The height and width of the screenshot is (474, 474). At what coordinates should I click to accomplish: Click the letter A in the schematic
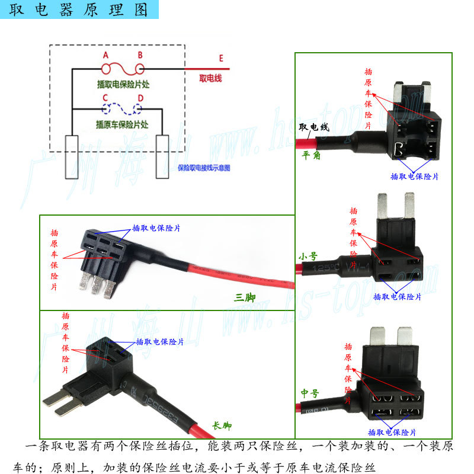[x=106, y=55]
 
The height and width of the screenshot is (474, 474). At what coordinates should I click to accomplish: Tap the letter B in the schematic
[x=140, y=55]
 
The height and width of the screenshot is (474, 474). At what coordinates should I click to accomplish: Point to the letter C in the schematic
[x=105, y=98]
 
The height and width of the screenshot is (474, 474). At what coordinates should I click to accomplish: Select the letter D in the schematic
[x=140, y=98]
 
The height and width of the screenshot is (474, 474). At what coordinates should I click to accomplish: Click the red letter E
[x=221, y=58]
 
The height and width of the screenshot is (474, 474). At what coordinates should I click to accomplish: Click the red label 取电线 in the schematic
[x=210, y=78]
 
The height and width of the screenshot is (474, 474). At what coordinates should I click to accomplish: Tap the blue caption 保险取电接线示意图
[x=204, y=168]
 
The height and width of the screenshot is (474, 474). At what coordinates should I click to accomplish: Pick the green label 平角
[x=311, y=156]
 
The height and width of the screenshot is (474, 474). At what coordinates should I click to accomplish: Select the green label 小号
[x=308, y=257]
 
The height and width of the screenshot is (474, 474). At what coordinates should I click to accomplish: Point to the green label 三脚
[x=244, y=297]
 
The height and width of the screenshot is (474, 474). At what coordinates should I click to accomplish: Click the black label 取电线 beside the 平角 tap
[x=313, y=127]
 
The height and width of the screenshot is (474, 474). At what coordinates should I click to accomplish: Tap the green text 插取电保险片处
[x=123, y=84]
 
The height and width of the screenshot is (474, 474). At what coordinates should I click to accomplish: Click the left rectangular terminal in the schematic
[x=72, y=157]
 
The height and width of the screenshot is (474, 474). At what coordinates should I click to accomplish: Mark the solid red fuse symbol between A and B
[x=123, y=69]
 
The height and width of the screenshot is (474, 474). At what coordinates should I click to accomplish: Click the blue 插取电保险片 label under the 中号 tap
[x=392, y=432]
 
